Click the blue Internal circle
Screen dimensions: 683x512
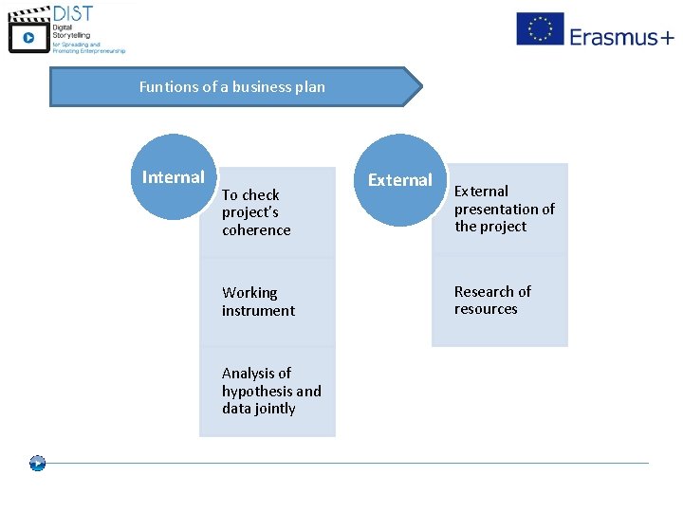pos(174,177)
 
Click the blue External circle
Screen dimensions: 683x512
pos(399,180)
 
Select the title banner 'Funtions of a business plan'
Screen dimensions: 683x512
pos(232,86)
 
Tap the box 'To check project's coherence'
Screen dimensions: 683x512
pos(268,213)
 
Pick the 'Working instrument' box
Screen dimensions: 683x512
pos(268,302)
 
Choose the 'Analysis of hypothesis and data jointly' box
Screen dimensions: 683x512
pos(268,391)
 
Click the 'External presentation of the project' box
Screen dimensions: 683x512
pos(500,209)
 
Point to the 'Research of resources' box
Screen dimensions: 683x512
pos(500,300)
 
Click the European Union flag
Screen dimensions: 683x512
pos(540,28)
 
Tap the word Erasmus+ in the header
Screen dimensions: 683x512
pos(621,37)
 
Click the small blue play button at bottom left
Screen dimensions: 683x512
pos(37,464)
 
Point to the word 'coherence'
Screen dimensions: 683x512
pos(256,230)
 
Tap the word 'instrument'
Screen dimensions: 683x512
pos(258,311)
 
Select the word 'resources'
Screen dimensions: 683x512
pos(486,309)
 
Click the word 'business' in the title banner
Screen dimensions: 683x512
pos(249,86)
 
